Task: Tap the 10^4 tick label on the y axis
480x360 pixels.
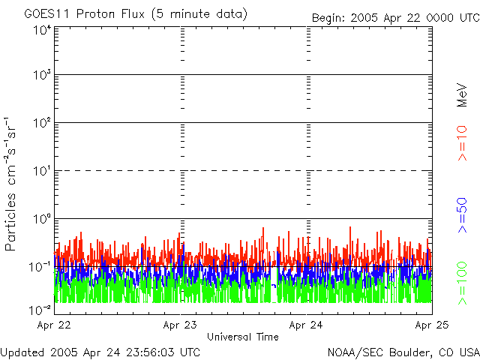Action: pyautogui.click(x=41, y=29)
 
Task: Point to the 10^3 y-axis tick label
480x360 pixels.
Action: pyautogui.click(x=41, y=76)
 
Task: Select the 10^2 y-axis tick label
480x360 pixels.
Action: pyautogui.click(x=41, y=123)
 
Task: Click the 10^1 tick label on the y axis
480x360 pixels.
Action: pyautogui.click(x=41, y=171)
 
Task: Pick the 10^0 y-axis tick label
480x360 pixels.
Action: pyautogui.click(x=41, y=219)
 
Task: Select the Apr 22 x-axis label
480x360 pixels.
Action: pyautogui.click(x=53, y=325)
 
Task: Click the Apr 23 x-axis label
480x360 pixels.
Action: pyautogui.click(x=180, y=325)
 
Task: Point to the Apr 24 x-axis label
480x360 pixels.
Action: pyautogui.click(x=306, y=325)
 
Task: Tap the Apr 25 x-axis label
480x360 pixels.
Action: pyautogui.click(x=432, y=325)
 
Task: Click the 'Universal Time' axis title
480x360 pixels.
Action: pyautogui.click(x=243, y=337)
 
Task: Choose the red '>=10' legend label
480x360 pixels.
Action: pyautogui.click(x=462, y=143)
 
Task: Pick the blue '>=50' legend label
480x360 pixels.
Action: pyautogui.click(x=462, y=215)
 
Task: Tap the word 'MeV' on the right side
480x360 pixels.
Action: pyautogui.click(x=462, y=95)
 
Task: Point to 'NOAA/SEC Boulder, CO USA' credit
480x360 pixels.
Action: pyautogui.click(x=403, y=352)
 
